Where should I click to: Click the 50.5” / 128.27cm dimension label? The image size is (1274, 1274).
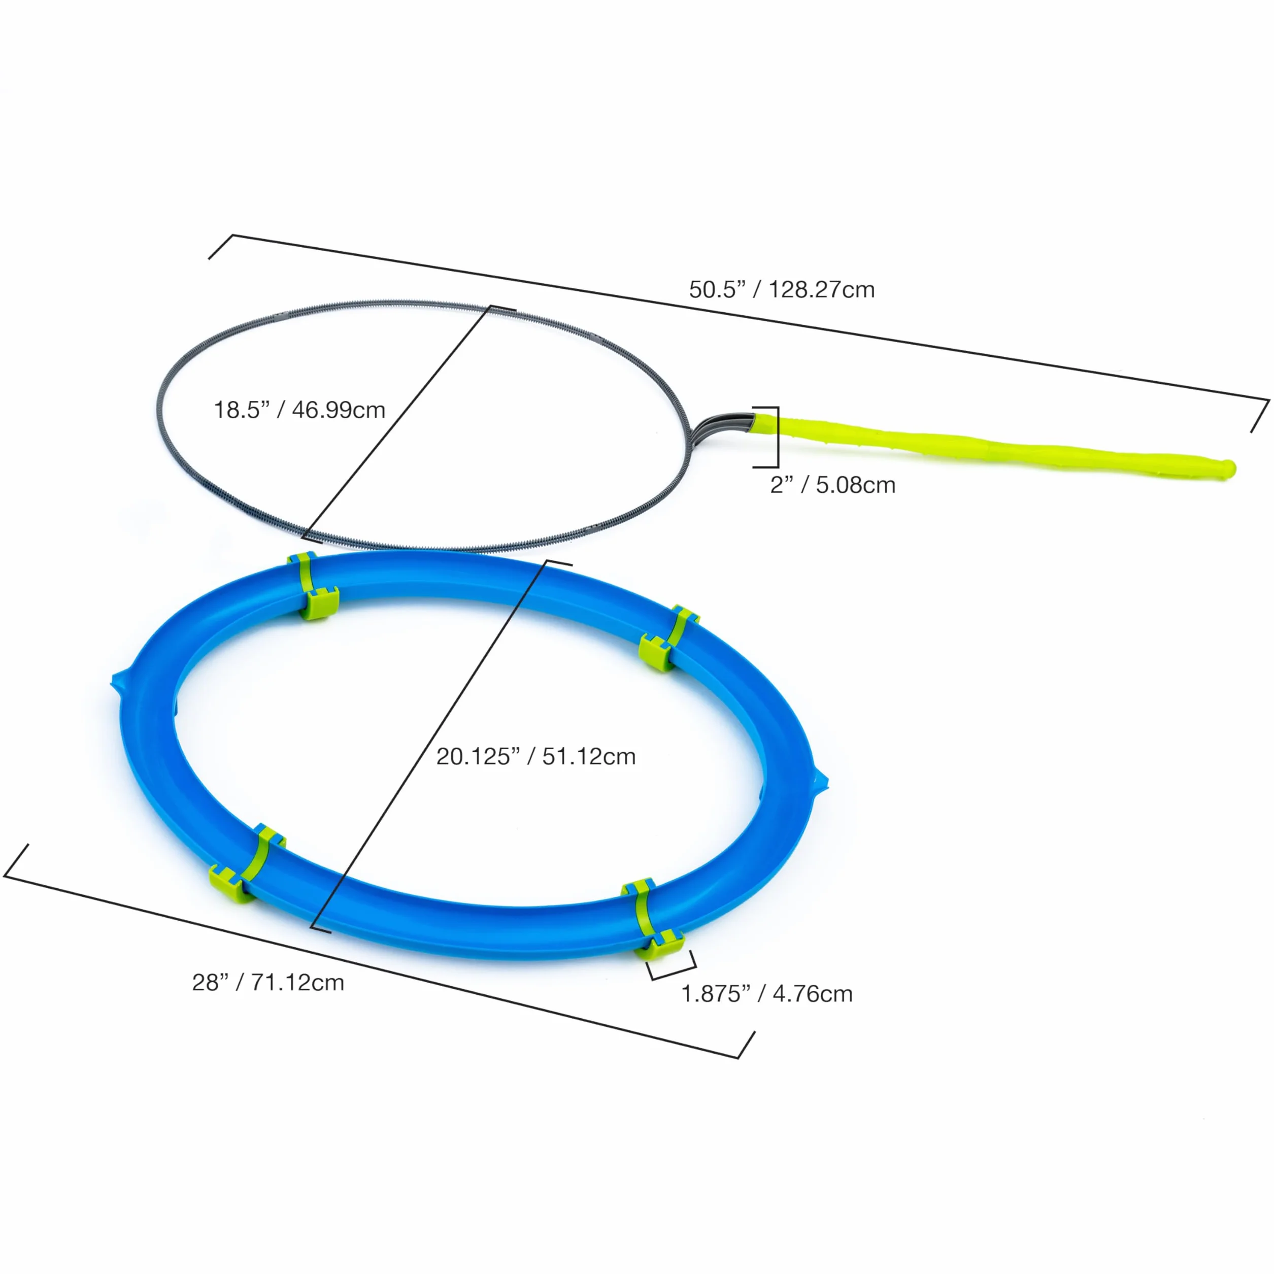[x=782, y=289]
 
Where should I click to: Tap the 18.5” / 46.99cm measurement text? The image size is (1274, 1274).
[x=299, y=410]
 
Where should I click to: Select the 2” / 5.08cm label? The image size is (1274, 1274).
[x=833, y=485]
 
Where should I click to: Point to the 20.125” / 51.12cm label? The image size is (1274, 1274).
[x=536, y=756]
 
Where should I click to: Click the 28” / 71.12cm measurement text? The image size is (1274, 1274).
[x=267, y=983]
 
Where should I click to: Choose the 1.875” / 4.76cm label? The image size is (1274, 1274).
[x=767, y=994]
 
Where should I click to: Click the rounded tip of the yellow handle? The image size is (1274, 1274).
[x=1228, y=469]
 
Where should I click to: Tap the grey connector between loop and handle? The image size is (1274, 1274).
[x=722, y=429]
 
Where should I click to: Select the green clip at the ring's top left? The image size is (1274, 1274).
[x=313, y=586]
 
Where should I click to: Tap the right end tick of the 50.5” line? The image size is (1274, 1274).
[x=1260, y=416]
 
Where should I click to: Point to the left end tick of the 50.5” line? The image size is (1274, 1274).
[x=221, y=247]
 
